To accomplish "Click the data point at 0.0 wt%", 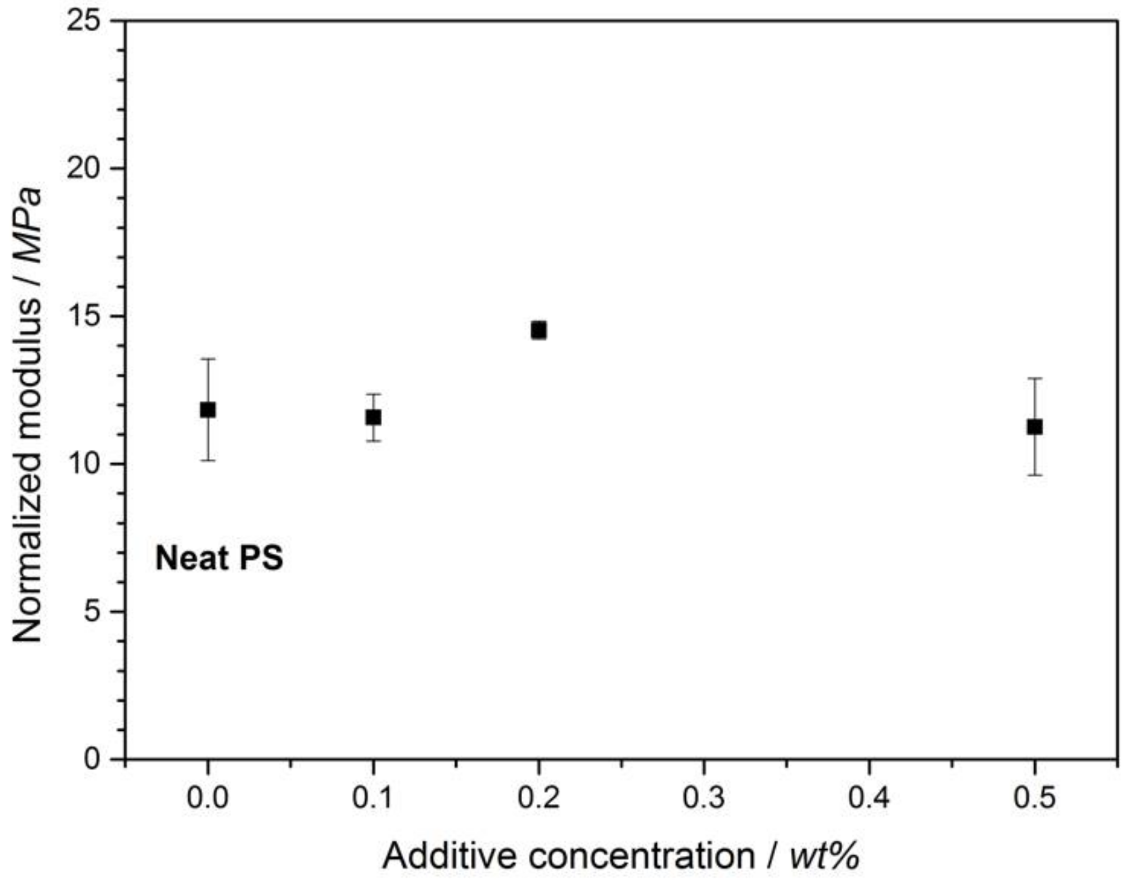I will [x=207, y=410].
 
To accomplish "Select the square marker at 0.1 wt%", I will [x=373, y=417].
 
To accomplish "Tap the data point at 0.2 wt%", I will [x=538, y=330].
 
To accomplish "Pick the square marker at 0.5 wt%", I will [x=1034, y=427].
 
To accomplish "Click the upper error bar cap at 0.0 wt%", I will [x=208, y=359].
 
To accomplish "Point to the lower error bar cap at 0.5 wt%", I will [x=1035, y=475].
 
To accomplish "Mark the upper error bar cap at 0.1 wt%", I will [x=373, y=394].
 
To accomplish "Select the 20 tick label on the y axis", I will [x=84, y=168].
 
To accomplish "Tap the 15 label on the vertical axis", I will [x=84, y=316].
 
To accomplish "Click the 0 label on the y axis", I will [x=93, y=759].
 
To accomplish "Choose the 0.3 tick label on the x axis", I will [x=703, y=797].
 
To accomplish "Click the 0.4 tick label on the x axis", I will [x=869, y=797].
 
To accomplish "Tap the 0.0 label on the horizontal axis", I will [x=207, y=797].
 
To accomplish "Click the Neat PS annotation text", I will [x=219, y=558].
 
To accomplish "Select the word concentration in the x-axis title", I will [x=642, y=856].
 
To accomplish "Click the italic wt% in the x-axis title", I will [x=824, y=856].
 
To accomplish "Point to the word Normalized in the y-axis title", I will [x=28, y=548].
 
